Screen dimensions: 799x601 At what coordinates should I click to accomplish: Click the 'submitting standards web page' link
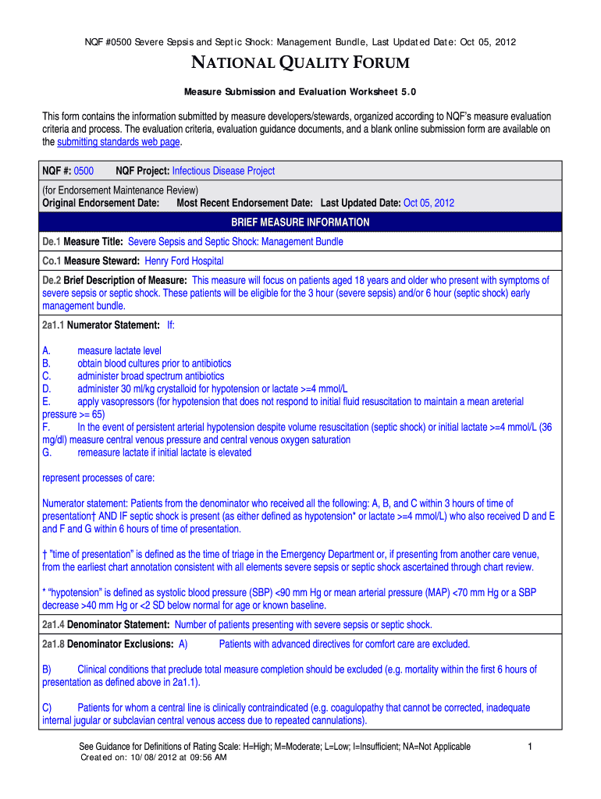(119, 142)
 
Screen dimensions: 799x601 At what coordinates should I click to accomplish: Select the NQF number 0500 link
(84, 170)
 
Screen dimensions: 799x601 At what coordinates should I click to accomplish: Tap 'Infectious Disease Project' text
(223, 170)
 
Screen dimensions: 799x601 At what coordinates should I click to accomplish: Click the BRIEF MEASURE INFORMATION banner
(300, 222)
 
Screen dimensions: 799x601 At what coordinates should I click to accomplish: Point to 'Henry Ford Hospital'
(184, 261)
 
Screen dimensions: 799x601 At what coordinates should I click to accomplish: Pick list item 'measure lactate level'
(119, 351)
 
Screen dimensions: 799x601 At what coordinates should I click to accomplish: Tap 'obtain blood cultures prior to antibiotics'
(154, 364)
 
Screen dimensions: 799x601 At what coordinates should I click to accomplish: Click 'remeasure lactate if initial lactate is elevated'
(164, 452)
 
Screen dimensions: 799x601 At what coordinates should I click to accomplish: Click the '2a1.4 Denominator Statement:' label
(105, 624)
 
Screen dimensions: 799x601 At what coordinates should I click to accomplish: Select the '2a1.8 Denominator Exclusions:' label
(108, 644)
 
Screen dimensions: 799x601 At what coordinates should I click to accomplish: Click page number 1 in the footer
(529, 747)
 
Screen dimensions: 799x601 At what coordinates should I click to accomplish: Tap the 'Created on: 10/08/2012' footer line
(153, 757)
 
